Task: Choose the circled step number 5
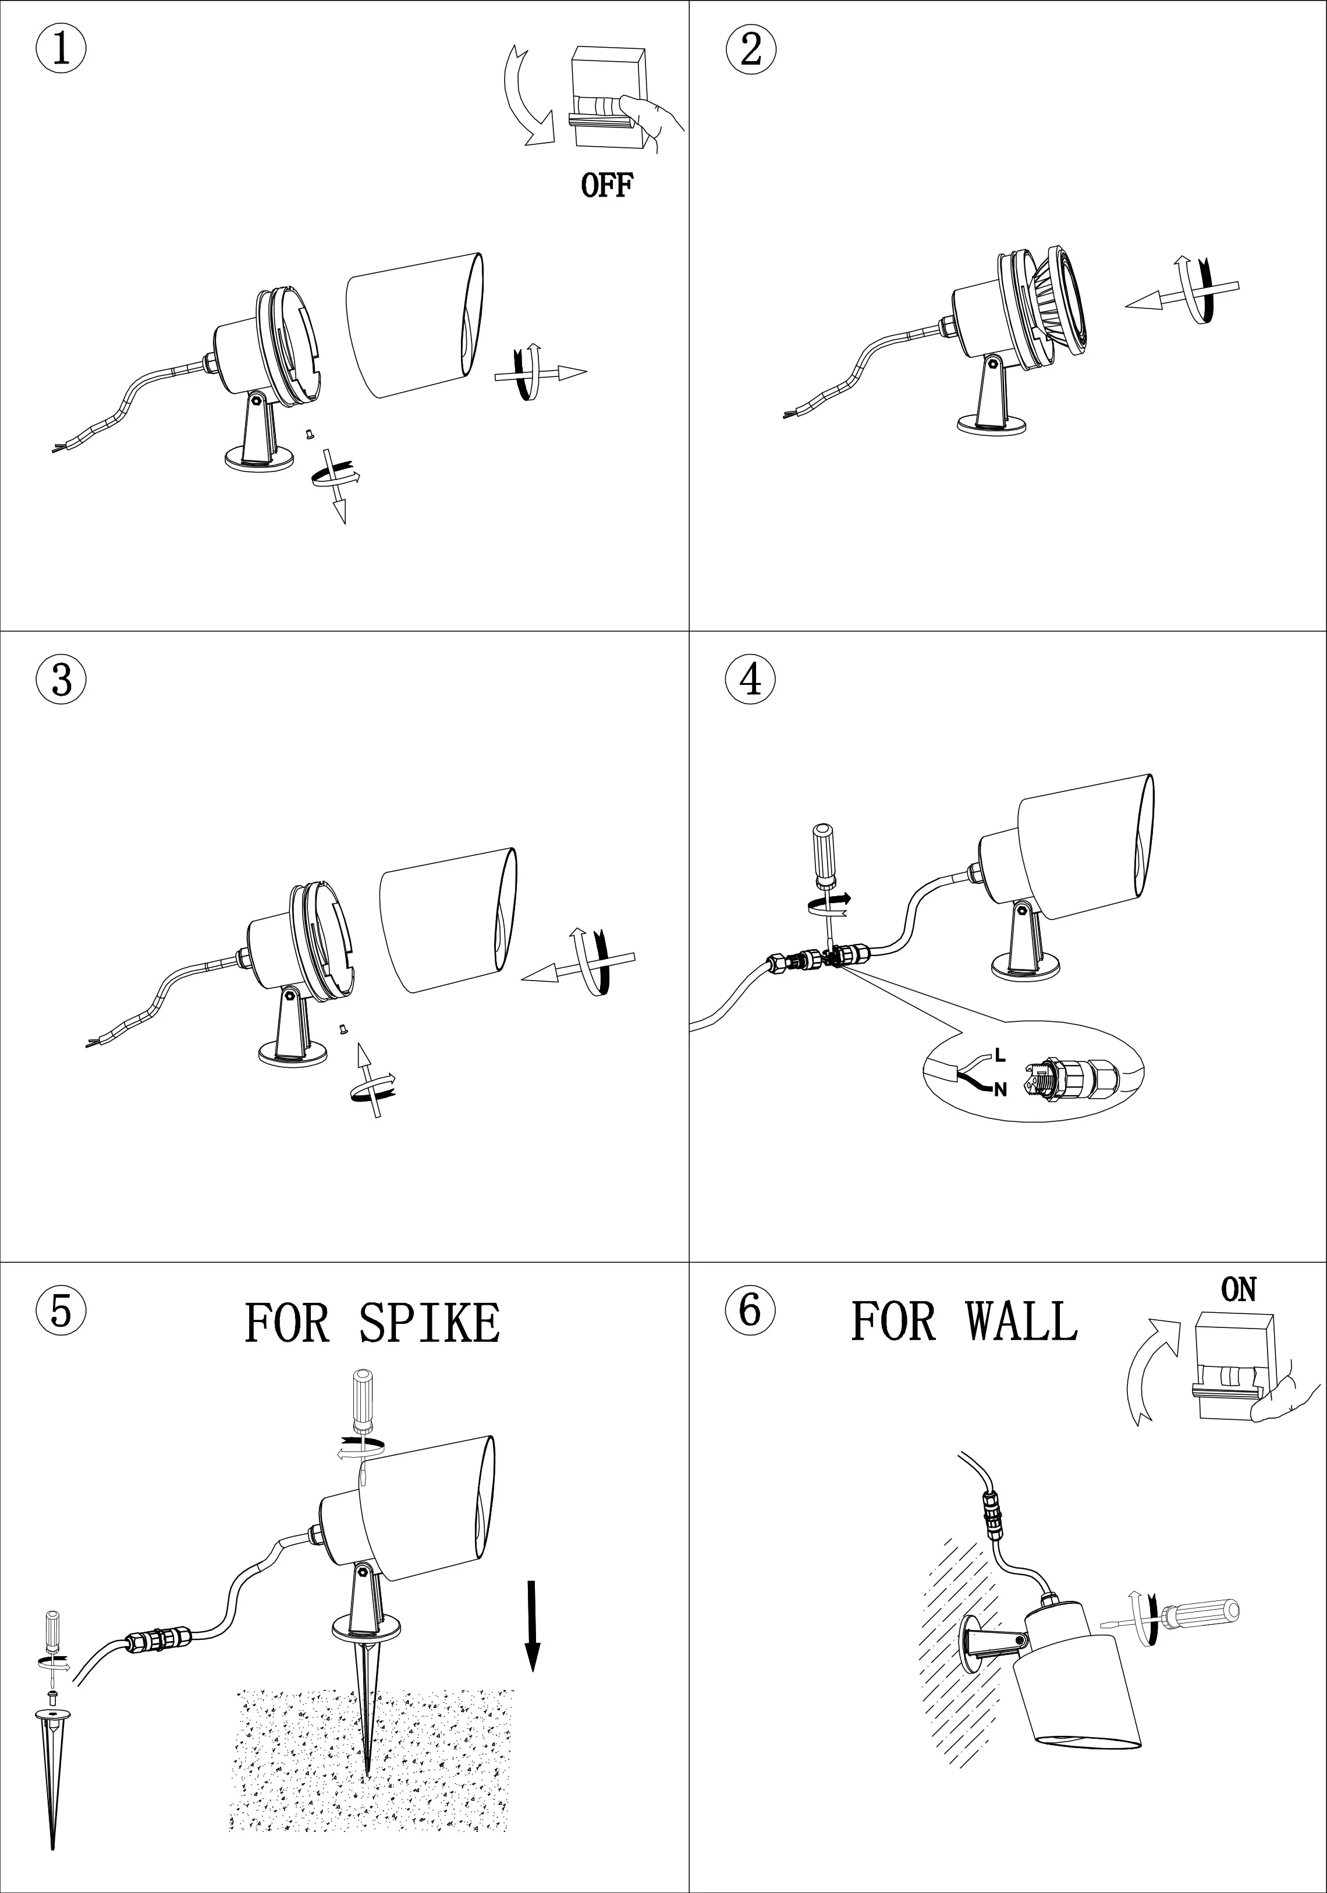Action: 61,1309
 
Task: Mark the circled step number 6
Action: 750,1309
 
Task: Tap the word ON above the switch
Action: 1238,1290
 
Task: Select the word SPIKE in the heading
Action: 430,1323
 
